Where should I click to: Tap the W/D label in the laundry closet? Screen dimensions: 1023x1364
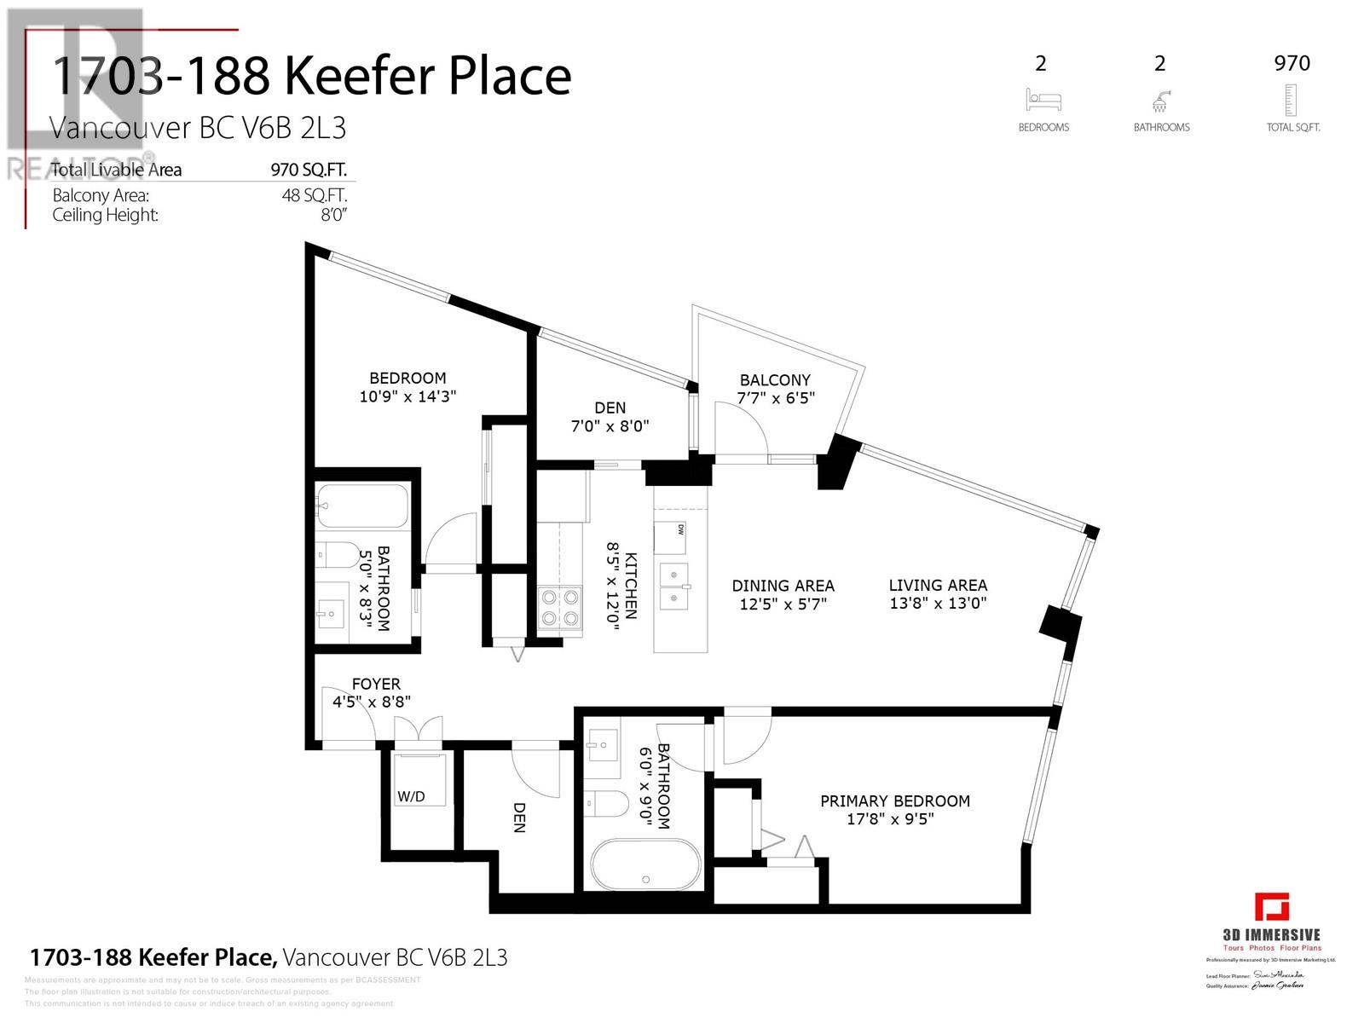(x=411, y=797)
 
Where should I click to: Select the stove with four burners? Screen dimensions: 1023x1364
(x=560, y=609)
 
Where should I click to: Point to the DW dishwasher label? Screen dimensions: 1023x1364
(x=680, y=529)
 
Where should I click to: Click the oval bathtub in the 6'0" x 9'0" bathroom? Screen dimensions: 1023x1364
(x=645, y=864)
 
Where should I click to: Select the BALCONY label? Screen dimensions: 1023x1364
(x=775, y=380)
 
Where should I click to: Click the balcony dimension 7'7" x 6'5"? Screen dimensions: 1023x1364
(x=776, y=398)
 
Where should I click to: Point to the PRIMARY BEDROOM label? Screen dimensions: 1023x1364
(x=895, y=801)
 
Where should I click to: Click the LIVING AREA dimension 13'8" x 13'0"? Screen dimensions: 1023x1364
(x=938, y=604)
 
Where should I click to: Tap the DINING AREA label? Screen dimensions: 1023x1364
(x=783, y=586)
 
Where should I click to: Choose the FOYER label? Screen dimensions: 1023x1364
(x=376, y=684)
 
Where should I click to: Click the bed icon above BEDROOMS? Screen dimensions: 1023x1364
(x=1043, y=100)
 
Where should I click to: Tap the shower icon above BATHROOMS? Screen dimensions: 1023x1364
(x=1160, y=102)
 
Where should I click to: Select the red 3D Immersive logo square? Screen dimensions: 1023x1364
(x=1271, y=907)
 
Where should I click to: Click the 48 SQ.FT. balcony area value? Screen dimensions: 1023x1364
(x=315, y=195)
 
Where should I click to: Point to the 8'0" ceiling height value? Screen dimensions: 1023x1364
(x=333, y=215)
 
